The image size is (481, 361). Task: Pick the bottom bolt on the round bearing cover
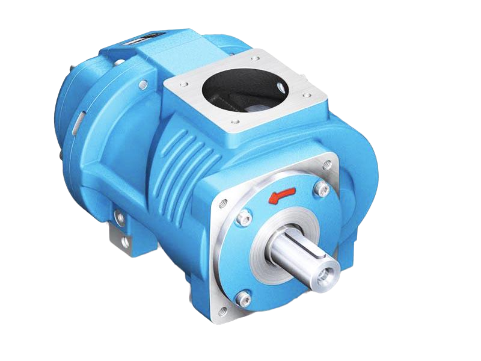pos(242,295)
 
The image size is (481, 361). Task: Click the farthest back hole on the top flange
pos(255,58)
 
